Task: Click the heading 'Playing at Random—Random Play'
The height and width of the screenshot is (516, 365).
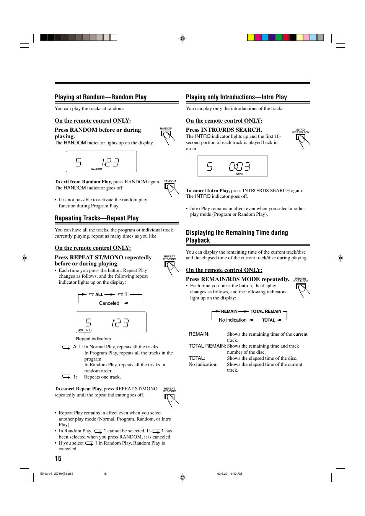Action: tap(101, 97)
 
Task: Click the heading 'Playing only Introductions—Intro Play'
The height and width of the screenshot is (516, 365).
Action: tap(236, 97)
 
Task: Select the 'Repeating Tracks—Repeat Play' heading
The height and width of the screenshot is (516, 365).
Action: tap(96, 218)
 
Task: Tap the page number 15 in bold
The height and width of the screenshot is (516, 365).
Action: tap(58, 458)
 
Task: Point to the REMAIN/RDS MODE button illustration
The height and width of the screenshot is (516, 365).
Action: tap(302, 290)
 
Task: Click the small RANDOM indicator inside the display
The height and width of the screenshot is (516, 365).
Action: tap(96, 169)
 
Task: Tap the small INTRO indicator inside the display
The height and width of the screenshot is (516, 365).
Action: tap(239, 174)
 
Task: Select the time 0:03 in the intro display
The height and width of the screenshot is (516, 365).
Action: tap(240, 167)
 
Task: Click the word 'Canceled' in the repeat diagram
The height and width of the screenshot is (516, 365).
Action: tap(109, 303)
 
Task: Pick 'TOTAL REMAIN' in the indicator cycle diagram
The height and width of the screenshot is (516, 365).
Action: tap(266, 311)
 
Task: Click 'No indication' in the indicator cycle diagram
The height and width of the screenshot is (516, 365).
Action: tap(233, 320)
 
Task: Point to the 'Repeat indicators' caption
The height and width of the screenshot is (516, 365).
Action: tap(93, 339)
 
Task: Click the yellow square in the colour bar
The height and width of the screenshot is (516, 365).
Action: tap(251, 37)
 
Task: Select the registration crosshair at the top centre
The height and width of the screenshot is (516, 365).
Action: tap(182, 39)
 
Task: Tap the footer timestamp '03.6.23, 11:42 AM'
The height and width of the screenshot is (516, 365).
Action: tap(230, 474)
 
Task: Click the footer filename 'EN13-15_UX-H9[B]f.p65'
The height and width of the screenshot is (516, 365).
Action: tap(57, 474)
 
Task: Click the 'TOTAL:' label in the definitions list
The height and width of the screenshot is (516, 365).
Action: tap(197, 358)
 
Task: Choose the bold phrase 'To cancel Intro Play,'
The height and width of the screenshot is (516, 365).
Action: tap(208, 191)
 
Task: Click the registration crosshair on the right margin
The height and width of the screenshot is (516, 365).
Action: tap(341, 258)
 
